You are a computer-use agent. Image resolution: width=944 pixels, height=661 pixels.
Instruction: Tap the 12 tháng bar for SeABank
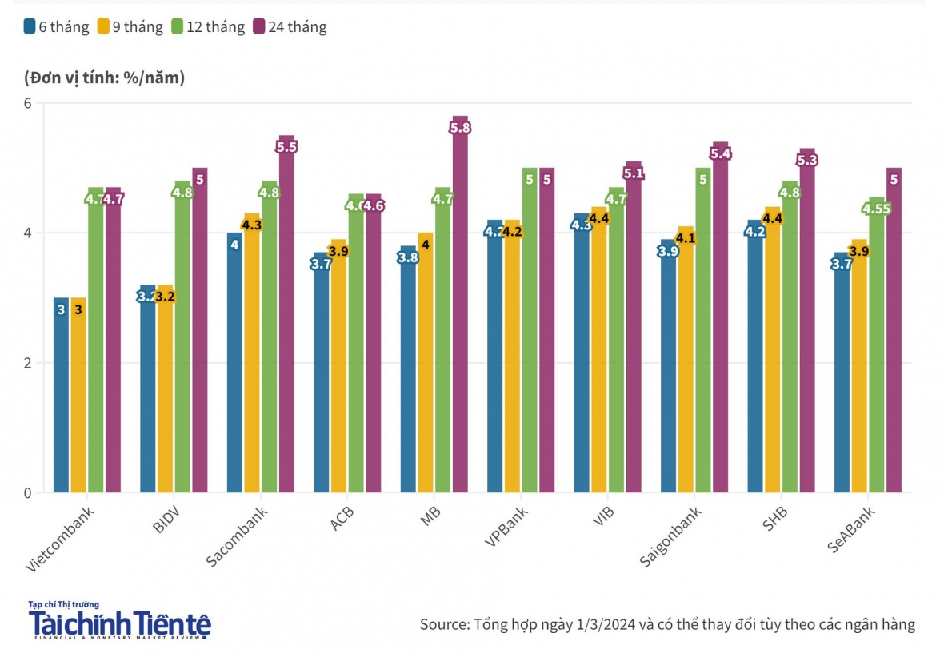pos(877,352)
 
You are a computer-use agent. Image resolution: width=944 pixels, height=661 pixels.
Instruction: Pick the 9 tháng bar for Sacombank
pos(252,360)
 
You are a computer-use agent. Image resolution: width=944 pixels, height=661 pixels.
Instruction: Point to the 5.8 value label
pos(461,128)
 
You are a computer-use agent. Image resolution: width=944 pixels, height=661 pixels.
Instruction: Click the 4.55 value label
pos(877,209)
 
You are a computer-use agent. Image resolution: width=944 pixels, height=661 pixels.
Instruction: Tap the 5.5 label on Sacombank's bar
pos(286,147)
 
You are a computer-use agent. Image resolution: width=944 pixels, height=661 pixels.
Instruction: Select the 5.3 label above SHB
pos(807,160)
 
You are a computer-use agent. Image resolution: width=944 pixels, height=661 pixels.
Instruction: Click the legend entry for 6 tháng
pos(56,27)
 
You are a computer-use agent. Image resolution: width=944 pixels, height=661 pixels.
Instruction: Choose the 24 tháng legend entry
pos(290,27)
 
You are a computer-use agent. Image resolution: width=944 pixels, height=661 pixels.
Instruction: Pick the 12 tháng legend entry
pos(207,27)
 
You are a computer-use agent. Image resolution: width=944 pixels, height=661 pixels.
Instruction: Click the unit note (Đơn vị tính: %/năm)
pos(105,78)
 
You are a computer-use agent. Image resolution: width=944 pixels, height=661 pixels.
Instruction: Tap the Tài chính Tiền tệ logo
pos(119,621)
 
